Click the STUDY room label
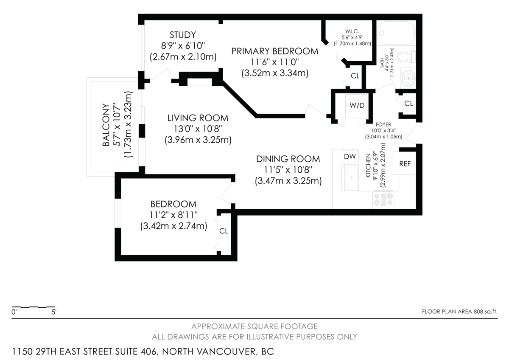182,35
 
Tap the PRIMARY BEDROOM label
274,51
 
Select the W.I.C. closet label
352,31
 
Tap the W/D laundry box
357,105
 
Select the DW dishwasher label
350,157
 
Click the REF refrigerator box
405,163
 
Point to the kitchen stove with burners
383,200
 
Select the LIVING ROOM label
198,118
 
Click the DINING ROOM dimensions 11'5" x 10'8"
288,170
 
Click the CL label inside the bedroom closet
224,231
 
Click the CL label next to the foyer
408,103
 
